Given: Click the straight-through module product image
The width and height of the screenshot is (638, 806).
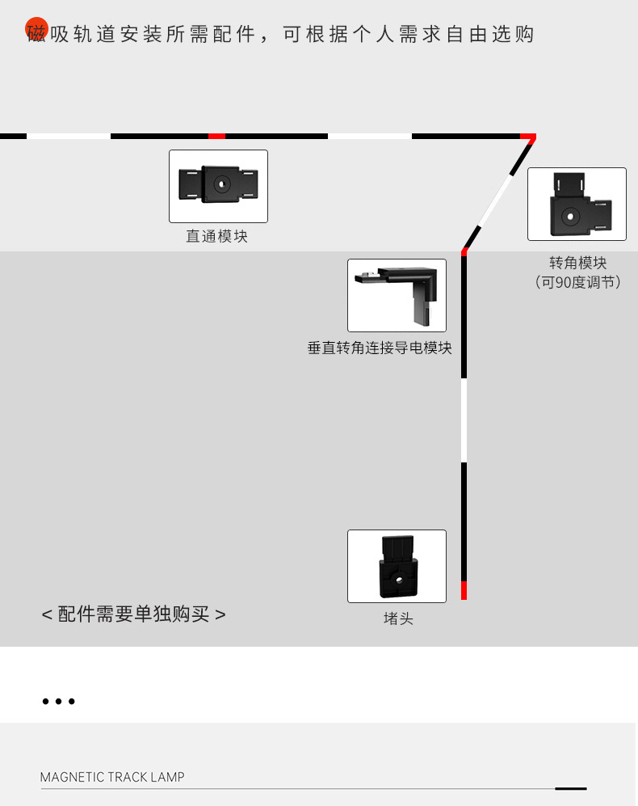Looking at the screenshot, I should coord(218,186).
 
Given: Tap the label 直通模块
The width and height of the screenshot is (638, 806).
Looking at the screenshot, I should coord(216,236).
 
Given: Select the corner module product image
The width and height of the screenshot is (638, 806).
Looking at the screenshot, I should coord(577,204).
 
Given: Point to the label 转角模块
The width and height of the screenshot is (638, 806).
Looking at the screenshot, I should coord(577,263).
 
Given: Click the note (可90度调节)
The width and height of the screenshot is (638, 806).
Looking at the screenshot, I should coord(577,282).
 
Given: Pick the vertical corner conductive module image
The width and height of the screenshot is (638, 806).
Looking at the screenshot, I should coord(397,295).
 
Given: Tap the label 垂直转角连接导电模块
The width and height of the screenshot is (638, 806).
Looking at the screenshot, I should coord(380,348).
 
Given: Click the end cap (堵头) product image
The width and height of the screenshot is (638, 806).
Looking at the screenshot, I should coord(397,566).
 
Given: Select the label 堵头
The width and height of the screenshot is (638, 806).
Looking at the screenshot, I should coord(398,618).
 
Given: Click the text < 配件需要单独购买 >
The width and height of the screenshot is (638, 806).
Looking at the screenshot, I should coord(133,614).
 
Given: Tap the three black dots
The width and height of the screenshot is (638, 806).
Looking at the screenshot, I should coord(59,702).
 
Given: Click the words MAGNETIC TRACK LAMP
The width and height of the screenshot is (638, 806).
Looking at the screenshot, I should coord(112,777).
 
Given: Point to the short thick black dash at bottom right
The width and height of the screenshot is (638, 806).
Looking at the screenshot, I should coord(571,787).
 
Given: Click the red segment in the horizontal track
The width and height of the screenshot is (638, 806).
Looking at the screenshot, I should coord(216,136).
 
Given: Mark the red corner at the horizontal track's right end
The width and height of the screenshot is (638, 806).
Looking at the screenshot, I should coord(527,137).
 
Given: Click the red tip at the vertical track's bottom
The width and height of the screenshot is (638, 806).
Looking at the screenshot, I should coord(464,590).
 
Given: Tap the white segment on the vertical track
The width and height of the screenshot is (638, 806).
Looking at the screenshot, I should coord(464,420).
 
